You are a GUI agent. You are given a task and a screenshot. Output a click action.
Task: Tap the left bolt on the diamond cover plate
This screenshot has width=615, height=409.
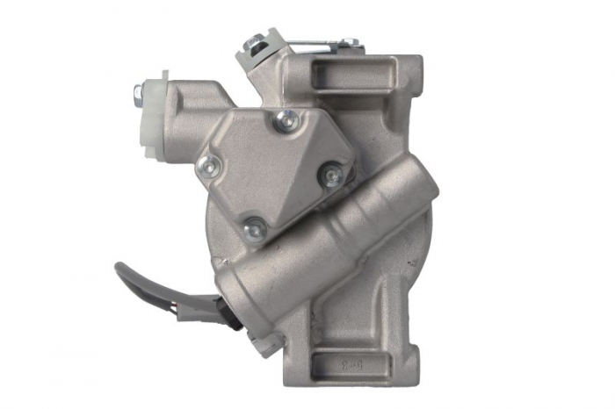209,165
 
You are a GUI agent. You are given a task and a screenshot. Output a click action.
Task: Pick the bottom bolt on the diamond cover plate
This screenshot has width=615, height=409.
255,226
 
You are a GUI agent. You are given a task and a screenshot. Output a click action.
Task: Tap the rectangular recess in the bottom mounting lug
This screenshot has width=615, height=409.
339,361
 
